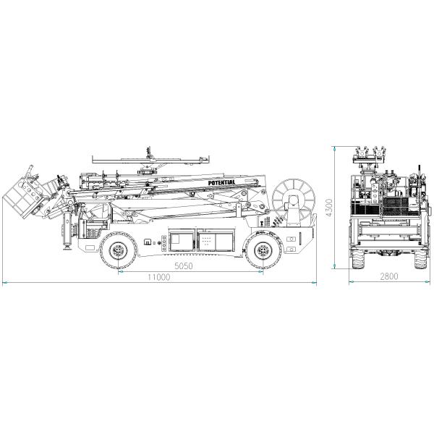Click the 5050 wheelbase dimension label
tap(184, 266)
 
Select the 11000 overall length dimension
tap(158, 277)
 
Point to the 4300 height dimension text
tap(329, 208)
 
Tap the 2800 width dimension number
tap(389, 276)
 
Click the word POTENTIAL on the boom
tap(221, 183)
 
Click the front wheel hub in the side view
tap(119, 251)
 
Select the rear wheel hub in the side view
tap(263, 251)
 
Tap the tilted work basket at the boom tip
tap(22, 197)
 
